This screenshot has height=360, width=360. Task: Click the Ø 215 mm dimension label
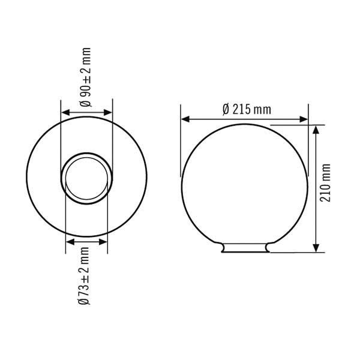tap(246, 109)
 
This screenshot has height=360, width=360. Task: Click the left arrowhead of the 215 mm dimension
tap(185, 119)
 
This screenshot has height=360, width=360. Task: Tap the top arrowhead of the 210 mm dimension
tap(316, 128)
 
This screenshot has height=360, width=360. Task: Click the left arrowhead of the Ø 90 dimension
tap(65, 112)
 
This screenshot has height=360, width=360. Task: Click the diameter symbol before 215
tap(226, 109)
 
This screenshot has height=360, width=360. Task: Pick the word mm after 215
tap(262, 109)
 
